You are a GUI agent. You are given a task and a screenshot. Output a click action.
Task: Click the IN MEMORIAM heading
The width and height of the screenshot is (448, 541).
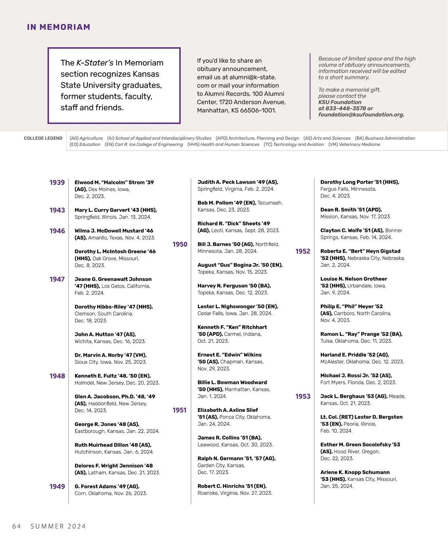59,27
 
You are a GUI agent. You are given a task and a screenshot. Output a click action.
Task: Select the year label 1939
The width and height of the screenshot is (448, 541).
57,182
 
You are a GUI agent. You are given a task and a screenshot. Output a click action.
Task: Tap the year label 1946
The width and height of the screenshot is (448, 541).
57,231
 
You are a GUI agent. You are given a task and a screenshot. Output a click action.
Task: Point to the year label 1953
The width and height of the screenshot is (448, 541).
303,396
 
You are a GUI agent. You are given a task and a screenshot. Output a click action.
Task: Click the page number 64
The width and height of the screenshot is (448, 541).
16,526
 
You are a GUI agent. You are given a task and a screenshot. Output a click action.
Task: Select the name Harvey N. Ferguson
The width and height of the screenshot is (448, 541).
223,286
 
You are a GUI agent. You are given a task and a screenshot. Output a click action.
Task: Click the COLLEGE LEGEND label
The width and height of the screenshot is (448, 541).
43,138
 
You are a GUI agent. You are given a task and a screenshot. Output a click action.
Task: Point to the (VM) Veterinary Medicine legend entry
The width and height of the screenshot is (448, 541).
354,145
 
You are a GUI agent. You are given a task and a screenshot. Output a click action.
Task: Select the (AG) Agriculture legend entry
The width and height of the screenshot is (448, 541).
86,138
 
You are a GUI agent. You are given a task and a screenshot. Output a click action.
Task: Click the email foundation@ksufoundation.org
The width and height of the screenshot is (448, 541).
361,115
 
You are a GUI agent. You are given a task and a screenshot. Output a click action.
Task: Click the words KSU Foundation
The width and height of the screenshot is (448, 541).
340,102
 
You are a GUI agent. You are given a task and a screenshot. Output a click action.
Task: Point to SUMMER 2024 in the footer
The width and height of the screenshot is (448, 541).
58,526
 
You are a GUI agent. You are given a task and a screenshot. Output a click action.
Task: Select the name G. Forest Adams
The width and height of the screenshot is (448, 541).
95,487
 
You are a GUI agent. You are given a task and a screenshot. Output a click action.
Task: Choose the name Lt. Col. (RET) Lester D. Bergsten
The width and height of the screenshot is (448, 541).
361,417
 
